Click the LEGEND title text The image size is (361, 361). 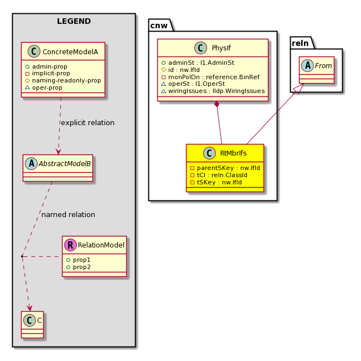click(74, 21)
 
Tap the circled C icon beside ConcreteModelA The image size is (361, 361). click(34, 51)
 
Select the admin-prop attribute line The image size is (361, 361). click(47, 66)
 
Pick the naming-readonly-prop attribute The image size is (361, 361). click(63, 80)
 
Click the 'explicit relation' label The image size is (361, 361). click(87, 123)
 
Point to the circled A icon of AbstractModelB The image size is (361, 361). click(32, 163)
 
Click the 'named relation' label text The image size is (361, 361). click(68, 215)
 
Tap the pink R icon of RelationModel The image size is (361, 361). click(70, 245)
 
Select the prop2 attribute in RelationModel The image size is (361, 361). click(79, 267)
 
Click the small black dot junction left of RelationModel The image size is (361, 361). click(22, 256)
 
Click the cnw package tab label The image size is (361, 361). click(159, 25)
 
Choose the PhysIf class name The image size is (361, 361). click(221, 48)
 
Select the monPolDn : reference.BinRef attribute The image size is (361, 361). click(210, 77)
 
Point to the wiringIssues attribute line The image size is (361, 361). click(213, 91)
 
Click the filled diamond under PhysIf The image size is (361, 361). click(216, 104)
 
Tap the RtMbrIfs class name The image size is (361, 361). click(233, 153)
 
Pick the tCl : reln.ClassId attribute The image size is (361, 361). click(219, 175)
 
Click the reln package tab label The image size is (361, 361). click(300, 43)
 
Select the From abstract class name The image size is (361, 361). click(323, 66)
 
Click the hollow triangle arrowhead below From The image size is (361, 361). click(300, 89)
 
